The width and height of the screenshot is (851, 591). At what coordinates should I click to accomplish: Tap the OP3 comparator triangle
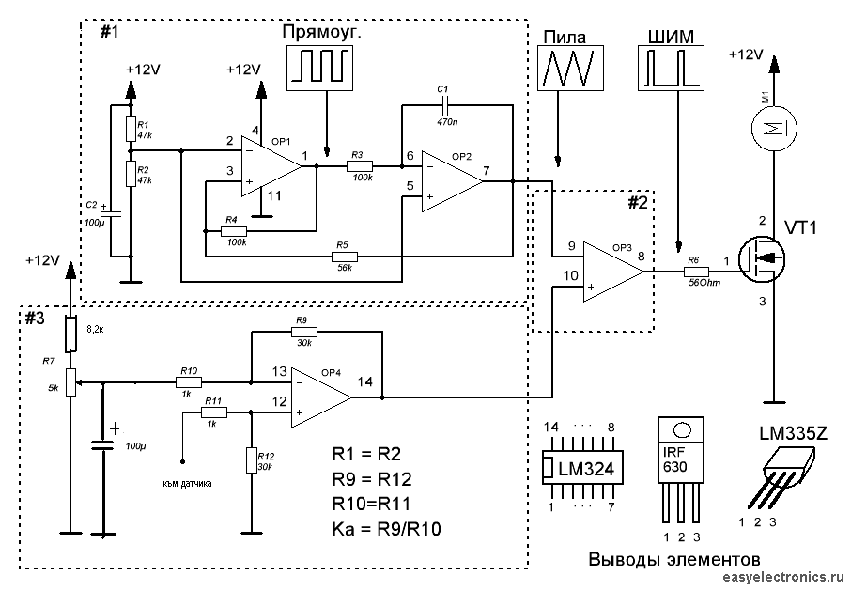(610, 271)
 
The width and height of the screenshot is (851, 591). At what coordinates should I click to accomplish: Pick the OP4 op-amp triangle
(319, 397)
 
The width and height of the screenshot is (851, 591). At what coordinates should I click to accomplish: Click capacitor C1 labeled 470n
(445, 101)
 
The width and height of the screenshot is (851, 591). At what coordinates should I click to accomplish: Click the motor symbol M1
(772, 129)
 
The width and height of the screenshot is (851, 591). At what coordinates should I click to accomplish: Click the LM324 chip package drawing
(580, 466)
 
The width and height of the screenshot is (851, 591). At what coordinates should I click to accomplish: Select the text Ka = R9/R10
(386, 529)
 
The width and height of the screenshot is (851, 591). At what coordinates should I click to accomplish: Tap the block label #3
(34, 318)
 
